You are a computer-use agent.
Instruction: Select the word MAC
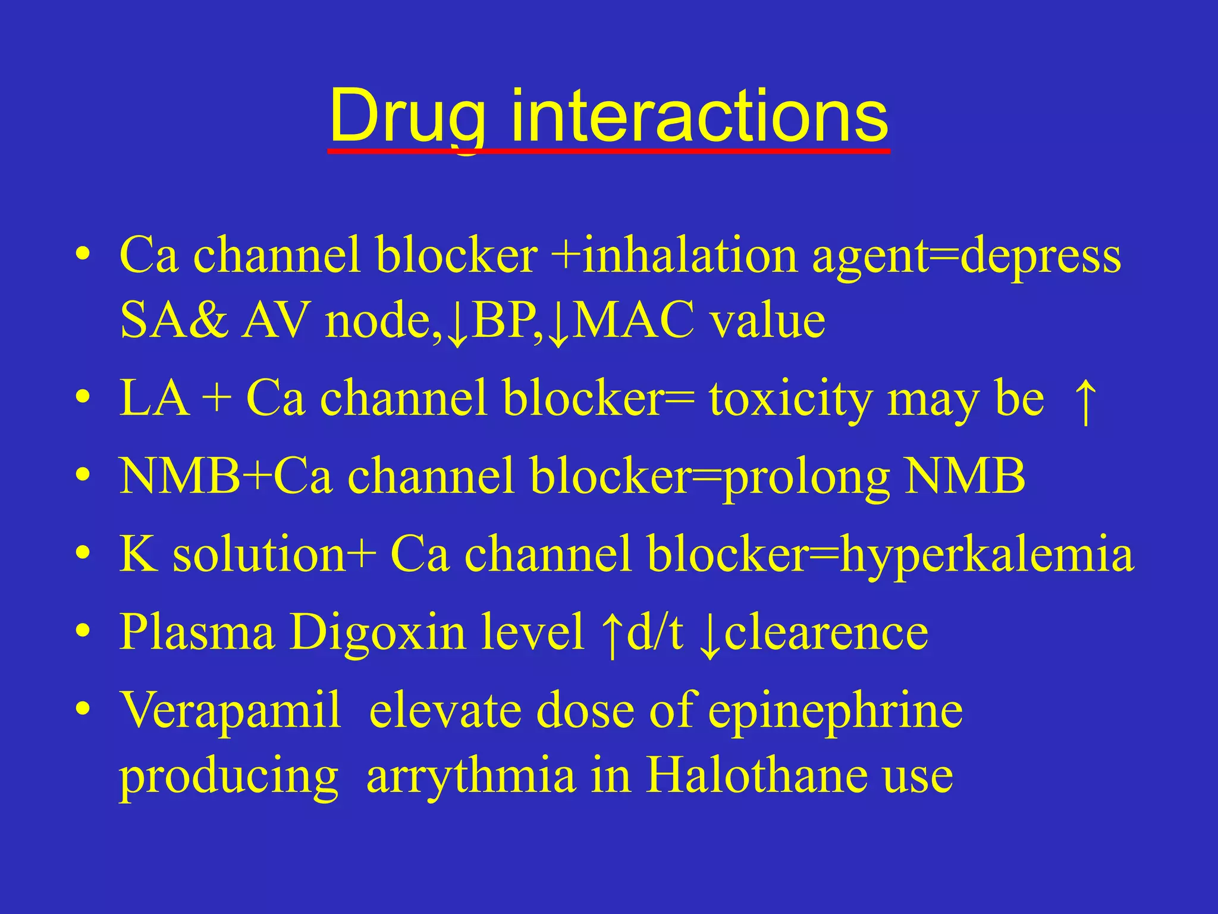635,320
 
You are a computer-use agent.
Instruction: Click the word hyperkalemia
987,555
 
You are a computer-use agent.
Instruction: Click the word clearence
826,632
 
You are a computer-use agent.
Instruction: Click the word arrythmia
471,777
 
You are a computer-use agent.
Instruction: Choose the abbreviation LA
155,399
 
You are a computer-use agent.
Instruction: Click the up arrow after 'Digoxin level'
611,634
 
